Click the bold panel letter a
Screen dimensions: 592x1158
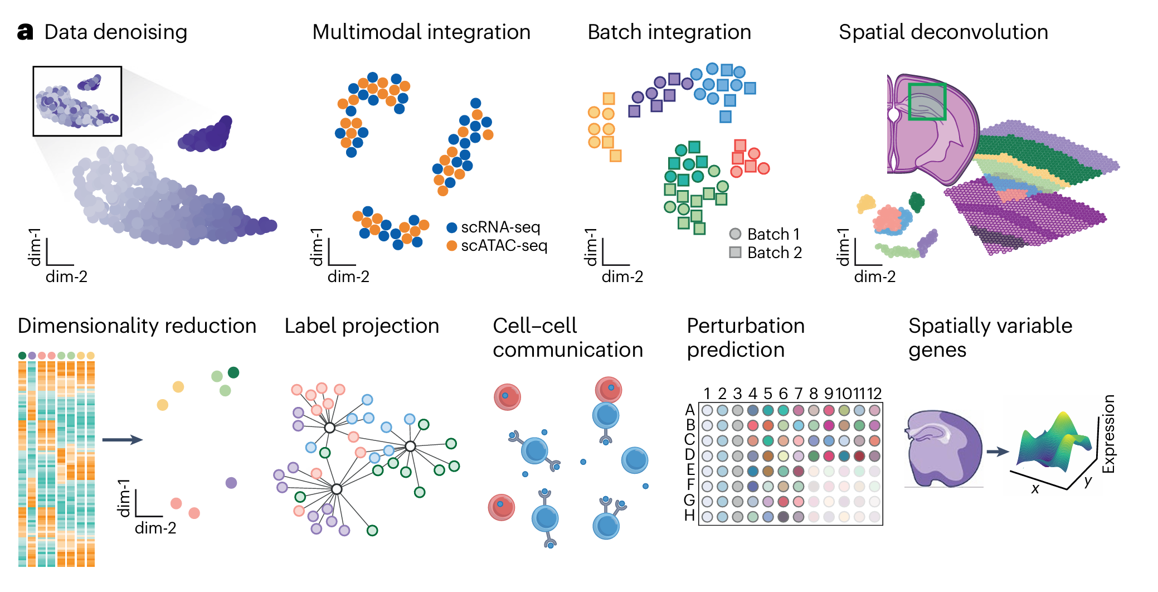click(x=25, y=32)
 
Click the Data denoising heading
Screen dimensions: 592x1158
click(x=115, y=32)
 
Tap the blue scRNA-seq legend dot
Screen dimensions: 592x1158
click(x=452, y=227)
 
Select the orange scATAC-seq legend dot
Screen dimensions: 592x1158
click(x=452, y=246)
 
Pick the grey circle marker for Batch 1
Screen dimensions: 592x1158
click(x=735, y=234)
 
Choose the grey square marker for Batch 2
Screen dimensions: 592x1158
click(x=735, y=253)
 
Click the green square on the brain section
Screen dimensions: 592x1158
click(x=927, y=101)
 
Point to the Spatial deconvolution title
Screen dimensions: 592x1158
click(x=943, y=32)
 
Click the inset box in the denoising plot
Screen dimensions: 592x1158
click(x=77, y=101)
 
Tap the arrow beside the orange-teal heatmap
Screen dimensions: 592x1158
click(x=122, y=440)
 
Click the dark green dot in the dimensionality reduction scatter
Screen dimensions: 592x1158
click(x=233, y=372)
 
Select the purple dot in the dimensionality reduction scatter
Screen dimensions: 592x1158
click(x=231, y=483)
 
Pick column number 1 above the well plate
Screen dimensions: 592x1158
click(x=707, y=394)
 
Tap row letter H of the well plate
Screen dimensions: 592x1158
click(x=690, y=516)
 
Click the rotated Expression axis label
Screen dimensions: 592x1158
click(x=1109, y=434)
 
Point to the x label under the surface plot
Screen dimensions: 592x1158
click(x=1035, y=489)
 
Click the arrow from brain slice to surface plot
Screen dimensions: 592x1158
click(x=998, y=452)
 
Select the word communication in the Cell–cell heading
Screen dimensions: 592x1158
click(x=567, y=350)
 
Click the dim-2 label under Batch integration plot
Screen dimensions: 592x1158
click(x=622, y=276)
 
